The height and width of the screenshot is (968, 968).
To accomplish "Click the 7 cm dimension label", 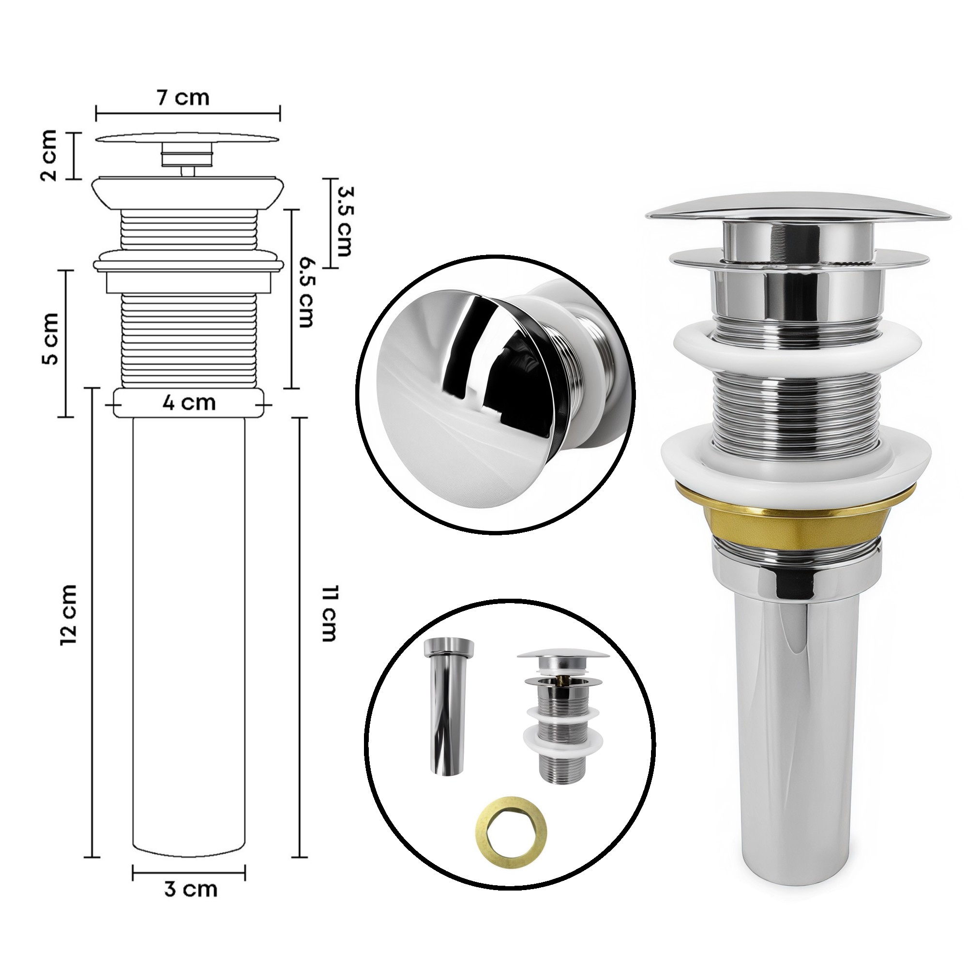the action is (x=183, y=97).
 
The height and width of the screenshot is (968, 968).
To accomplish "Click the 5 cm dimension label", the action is (x=51, y=339).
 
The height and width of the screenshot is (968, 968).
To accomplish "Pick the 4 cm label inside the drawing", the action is (x=189, y=402).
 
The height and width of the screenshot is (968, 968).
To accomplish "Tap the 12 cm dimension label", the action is (x=69, y=614).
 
